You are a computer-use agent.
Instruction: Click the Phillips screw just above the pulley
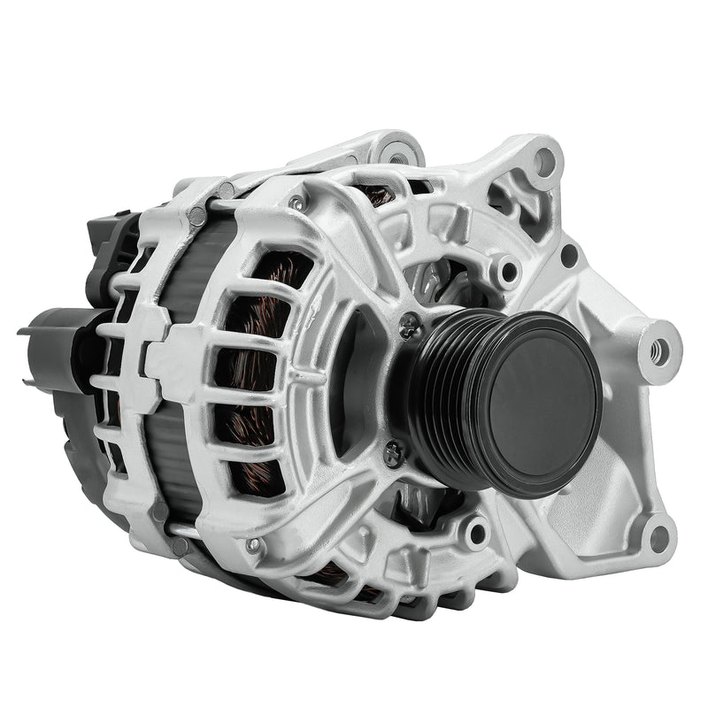pyautogui.click(x=409, y=325)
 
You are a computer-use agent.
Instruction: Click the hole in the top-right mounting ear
pyautogui.click(x=543, y=161)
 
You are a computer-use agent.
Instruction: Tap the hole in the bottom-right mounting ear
pyautogui.click(x=657, y=535)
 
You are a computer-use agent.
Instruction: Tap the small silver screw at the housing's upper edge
pyautogui.click(x=296, y=203)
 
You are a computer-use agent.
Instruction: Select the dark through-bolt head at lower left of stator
pyautogui.click(x=180, y=546)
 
